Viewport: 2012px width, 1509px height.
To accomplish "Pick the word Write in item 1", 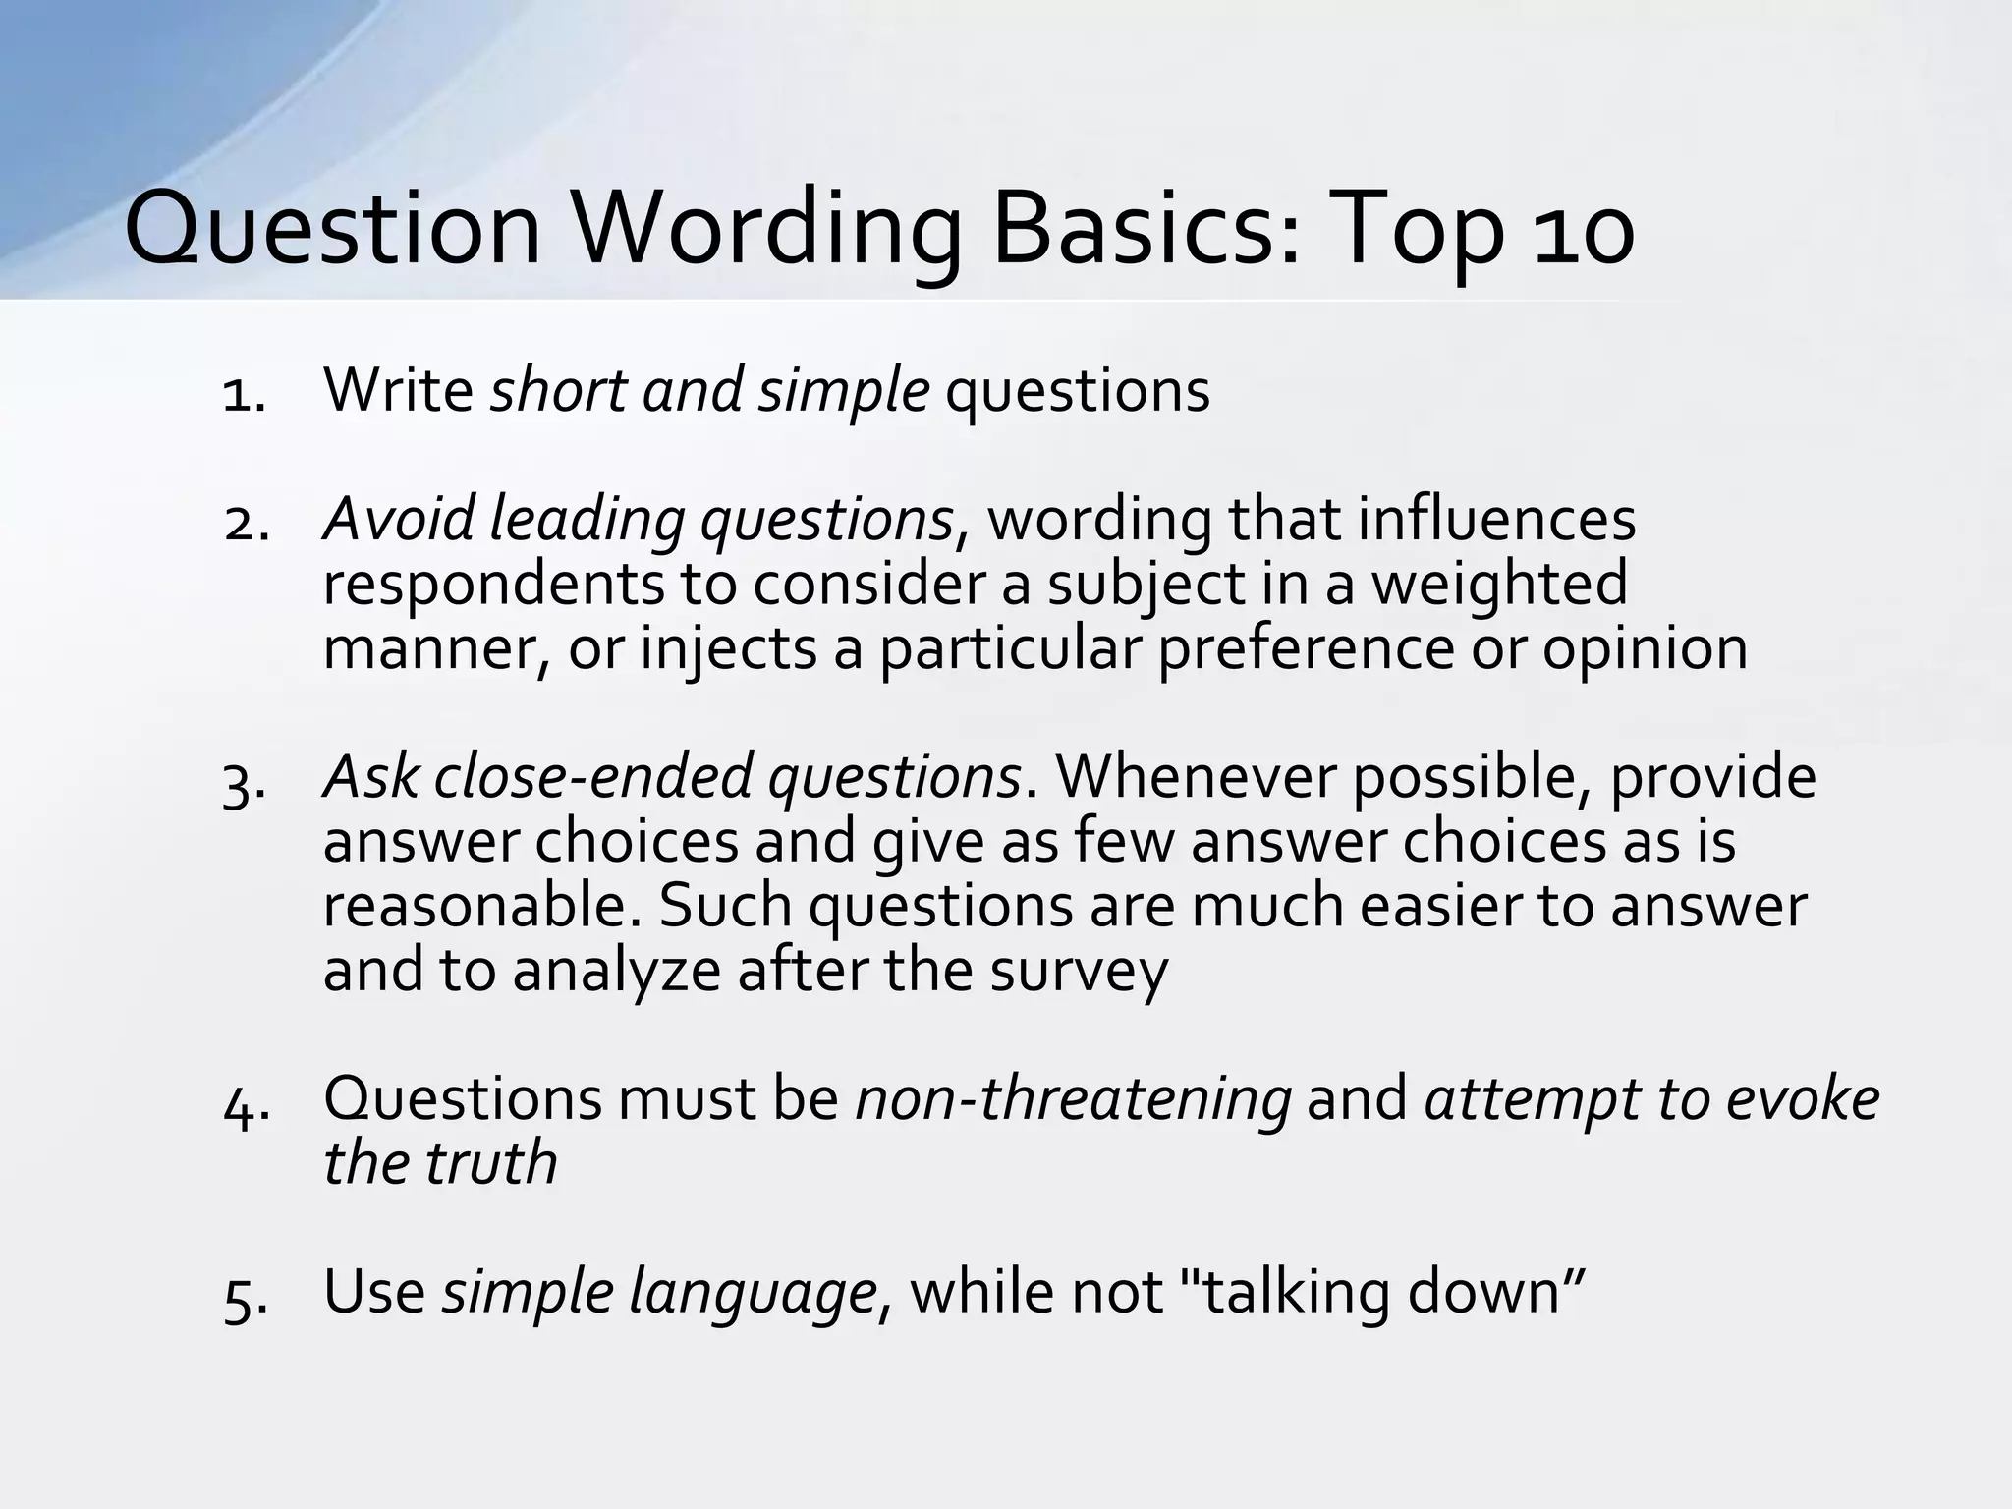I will click(x=398, y=391).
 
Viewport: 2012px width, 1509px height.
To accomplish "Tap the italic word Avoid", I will click(x=398, y=520).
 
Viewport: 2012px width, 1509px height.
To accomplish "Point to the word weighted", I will click(x=1499, y=586).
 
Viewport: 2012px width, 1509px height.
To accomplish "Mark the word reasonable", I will click(x=481, y=906).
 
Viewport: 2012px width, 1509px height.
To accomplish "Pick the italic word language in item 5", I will click(x=752, y=1293).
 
